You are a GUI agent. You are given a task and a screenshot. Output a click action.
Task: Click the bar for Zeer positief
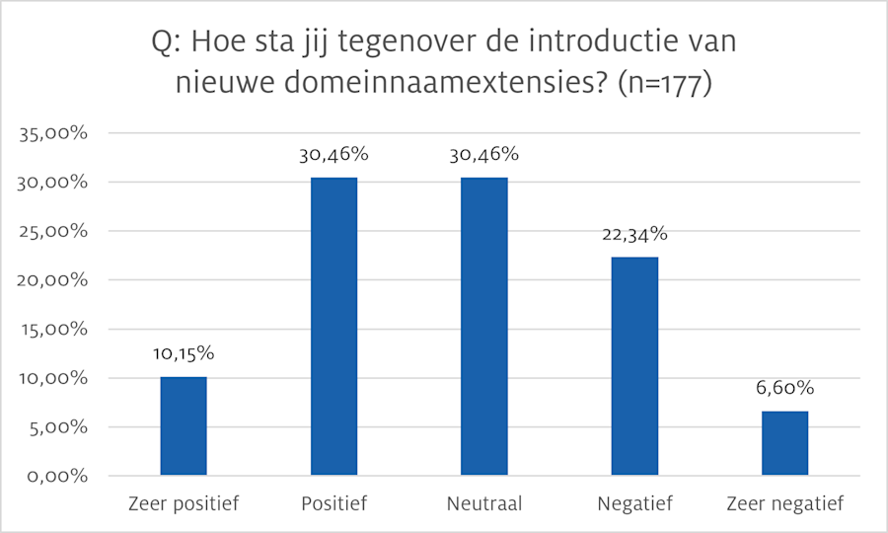[x=184, y=426]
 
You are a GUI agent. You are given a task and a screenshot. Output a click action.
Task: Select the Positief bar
[x=333, y=327]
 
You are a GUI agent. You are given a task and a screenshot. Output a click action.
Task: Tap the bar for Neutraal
[x=483, y=327]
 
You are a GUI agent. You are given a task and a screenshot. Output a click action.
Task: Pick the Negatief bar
[x=634, y=366]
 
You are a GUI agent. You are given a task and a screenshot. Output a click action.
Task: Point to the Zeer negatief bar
[x=785, y=443]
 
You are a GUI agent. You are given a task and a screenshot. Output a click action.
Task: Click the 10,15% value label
[x=184, y=354]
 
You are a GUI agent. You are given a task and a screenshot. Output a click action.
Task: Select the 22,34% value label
[x=634, y=234]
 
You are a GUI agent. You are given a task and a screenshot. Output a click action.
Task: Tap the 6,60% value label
[x=785, y=388]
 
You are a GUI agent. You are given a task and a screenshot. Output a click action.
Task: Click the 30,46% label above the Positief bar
[x=333, y=154]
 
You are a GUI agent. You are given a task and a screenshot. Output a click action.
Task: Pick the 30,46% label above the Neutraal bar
[x=483, y=154]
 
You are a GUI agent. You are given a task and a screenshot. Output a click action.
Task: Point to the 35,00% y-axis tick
[x=60, y=134]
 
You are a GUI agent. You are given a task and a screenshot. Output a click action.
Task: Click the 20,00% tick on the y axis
[x=60, y=280]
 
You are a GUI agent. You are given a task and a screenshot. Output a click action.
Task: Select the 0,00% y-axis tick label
[x=64, y=477]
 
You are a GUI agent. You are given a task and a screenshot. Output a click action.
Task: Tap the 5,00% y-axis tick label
[x=64, y=427]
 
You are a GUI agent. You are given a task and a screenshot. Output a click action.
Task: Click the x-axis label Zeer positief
[x=184, y=504]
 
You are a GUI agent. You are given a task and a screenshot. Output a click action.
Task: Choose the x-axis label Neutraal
[x=483, y=504]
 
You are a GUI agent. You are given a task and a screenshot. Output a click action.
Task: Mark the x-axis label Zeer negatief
[x=785, y=504]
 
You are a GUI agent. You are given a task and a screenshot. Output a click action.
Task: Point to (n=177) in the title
[x=664, y=85]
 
